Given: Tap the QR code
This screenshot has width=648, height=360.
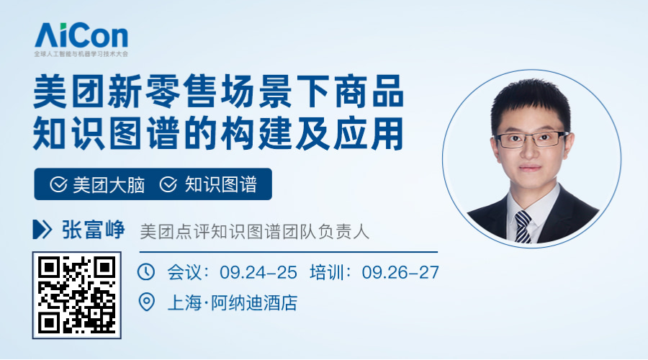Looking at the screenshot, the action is (x=77, y=295).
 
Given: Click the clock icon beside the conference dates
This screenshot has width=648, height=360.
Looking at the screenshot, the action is (x=146, y=272).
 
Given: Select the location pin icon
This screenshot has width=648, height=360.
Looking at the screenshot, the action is (x=146, y=302).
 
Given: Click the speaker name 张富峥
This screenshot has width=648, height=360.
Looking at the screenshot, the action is (x=94, y=230).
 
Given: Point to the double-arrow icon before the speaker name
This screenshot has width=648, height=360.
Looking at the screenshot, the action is (x=42, y=230).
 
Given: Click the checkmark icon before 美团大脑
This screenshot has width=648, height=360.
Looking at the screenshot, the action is (x=59, y=184).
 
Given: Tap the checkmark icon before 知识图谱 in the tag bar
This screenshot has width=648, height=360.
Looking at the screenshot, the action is (x=168, y=184).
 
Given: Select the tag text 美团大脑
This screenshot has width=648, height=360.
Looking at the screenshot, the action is (x=109, y=185).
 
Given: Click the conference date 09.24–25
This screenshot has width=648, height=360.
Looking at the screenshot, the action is (x=258, y=272).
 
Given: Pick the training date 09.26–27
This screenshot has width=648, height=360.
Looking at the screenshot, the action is (x=400, y=272).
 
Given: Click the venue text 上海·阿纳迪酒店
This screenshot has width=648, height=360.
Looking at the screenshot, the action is (x=233, y=303).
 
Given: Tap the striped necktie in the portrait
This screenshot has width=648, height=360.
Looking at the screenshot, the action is (x=523, y=227).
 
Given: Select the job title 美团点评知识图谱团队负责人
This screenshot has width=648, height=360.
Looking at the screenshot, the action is (x=255, y=231).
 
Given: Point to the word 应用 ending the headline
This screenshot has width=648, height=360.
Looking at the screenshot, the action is (x=369, y=133).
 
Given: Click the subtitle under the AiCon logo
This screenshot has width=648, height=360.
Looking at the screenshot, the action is (x=81, y=54).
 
